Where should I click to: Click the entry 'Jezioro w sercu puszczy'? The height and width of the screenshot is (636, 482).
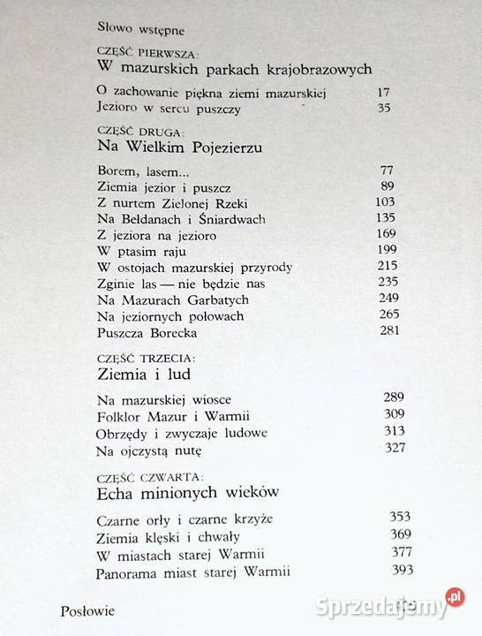163,109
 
